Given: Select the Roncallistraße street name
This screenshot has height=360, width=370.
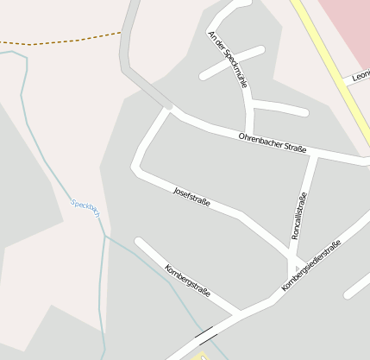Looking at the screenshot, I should click(299, 215).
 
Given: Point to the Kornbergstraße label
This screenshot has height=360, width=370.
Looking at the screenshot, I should click(187, 278).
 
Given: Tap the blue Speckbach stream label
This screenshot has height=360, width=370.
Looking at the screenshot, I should click(84, 207).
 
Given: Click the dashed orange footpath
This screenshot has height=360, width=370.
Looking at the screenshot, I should click(60, 41).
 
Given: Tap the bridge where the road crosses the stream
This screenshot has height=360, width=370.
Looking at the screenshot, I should click(206, 332).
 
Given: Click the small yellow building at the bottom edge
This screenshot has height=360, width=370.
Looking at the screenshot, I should click(204, 356).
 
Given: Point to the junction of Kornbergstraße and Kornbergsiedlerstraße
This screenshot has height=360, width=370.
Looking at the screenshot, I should click(240, 313).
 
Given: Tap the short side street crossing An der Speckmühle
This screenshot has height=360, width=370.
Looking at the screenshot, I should click(231, 63).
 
